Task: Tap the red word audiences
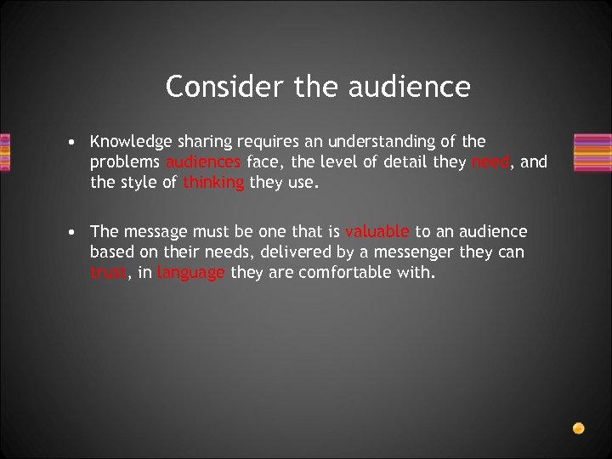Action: (204, 161)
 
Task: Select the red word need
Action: (490, 161)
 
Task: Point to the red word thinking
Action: (213, 181)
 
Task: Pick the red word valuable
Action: (377, 231)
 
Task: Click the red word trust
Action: (108, 272)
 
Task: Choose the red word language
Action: (191, 273)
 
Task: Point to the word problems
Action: (126, 162)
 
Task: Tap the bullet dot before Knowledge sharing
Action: (76, 142)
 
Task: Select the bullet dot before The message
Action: (76, 232)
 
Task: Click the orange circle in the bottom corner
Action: (578, 428)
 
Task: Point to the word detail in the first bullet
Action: (407, 161)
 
